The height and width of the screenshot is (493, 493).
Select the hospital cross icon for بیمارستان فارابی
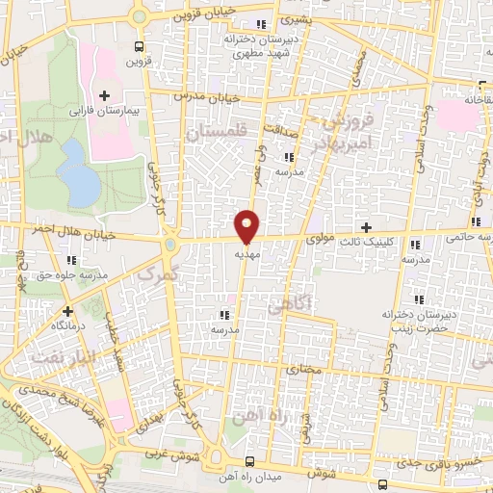104,93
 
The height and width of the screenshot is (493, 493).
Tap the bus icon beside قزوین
140,45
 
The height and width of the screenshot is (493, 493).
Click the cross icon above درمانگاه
68,311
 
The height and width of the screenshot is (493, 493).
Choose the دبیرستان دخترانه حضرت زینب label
417,322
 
